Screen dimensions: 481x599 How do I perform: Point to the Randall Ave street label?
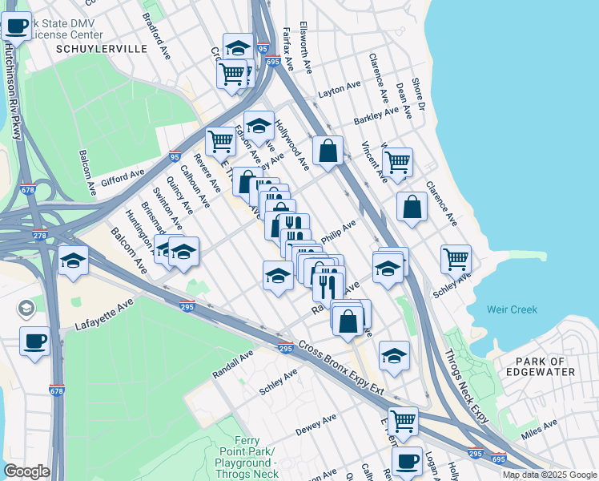coord(233,363)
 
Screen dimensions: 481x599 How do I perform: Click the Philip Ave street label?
coord(338,233)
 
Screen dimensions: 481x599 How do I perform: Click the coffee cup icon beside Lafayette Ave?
coord(34,341)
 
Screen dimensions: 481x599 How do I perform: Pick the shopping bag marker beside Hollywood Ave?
coord(328,150)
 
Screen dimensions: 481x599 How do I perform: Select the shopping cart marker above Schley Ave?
coord(456,259)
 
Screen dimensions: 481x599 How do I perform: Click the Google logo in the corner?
coord(26,471)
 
